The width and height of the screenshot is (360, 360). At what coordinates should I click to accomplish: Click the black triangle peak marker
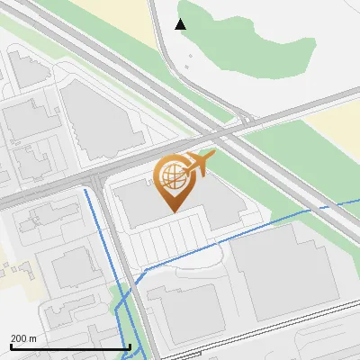pos(181,24)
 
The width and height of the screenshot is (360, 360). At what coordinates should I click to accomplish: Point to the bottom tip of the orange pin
pos(171,211)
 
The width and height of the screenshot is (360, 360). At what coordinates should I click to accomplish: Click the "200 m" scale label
pos(22,338)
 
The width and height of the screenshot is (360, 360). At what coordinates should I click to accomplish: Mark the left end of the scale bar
pos(10,346)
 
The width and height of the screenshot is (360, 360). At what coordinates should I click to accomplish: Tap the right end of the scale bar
pos(130,346)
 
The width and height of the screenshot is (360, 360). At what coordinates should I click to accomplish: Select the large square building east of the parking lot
pos(283,270)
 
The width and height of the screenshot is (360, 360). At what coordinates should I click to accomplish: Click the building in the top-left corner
pos(27,67)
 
